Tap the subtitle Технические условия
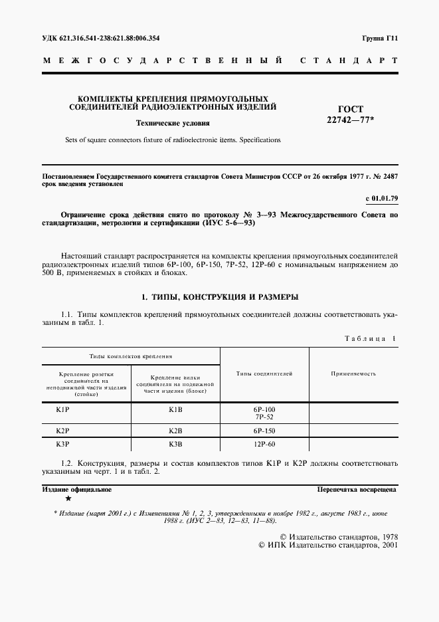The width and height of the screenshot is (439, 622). coord(173,123)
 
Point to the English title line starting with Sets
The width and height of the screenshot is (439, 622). coord(173,140)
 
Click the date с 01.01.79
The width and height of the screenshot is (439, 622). coord(381,199)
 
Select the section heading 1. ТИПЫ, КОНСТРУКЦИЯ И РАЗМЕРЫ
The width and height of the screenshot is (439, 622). coord(219,296)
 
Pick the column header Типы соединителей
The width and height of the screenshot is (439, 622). coord(264,374)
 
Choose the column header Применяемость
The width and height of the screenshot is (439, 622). coord(353,374)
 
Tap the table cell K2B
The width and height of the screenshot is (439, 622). coord(175,431)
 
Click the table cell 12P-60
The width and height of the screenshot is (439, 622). coord(264,444)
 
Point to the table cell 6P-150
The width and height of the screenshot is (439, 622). coord(264,431)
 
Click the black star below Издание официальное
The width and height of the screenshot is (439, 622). coord(68,498)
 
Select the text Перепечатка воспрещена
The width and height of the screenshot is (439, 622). coord(357,489)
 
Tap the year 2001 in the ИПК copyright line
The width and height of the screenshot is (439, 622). coord(386,544)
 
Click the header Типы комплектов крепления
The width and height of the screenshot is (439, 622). coord(132,356)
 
